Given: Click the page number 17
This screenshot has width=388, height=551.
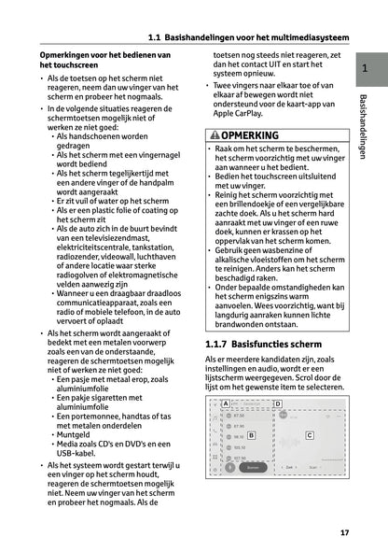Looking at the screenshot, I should (345, 533).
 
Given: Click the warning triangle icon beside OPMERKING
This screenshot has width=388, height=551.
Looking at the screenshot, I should (216, 135).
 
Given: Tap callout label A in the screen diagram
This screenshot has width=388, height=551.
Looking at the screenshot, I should (226, 404).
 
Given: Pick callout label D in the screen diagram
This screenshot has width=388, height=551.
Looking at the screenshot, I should (278, 404).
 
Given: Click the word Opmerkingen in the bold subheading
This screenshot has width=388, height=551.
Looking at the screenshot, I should (69, 56).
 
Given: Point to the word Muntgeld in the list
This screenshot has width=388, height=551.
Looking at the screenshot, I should (76, 434).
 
